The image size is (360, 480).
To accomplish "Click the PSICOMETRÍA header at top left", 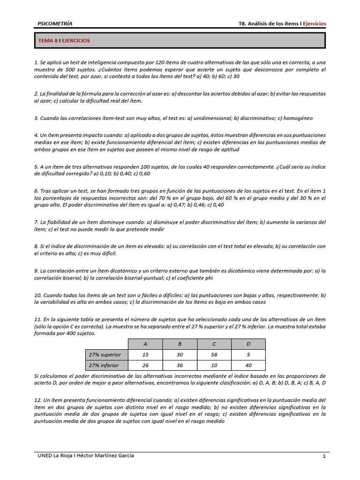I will point(55,23).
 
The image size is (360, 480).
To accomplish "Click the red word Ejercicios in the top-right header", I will point(314,23).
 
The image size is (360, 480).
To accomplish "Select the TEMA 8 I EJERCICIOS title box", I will point(180,40).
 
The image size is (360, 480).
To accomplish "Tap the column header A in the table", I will point(145,344).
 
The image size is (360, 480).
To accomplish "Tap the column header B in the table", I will point(180,344).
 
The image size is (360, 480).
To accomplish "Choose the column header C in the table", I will point(214,344).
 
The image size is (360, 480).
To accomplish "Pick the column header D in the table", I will point(248,344).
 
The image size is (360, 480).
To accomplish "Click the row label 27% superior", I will point(104,354).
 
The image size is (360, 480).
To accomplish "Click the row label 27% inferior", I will point(104,365).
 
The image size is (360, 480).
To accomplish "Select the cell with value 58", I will point(214,354).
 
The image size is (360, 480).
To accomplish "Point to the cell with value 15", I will point(145,354).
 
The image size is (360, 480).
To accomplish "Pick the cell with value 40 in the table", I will point(248,365).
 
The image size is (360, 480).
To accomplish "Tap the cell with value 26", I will point(145,365).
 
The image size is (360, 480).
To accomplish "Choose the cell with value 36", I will point(180,365).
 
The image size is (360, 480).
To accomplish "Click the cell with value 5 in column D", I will point(248,354).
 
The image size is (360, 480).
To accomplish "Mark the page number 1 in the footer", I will point(323,456).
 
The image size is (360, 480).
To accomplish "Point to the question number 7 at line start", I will point(36,222).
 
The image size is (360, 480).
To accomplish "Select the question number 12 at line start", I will point(37,400).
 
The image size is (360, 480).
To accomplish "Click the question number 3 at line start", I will point(36,118).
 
